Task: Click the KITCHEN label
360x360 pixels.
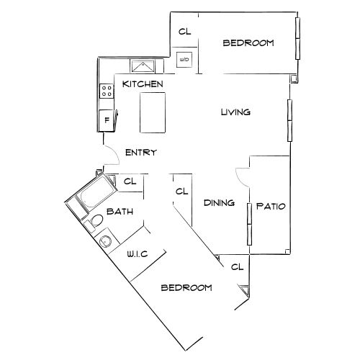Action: [143, 84]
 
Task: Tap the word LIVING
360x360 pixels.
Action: [235, 112]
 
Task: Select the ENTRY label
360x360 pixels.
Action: [141, 153]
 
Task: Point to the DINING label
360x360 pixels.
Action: [219, 203]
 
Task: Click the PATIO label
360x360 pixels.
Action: [271, 206]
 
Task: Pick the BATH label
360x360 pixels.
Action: [120, 212]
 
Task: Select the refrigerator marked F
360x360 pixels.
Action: [107, 120]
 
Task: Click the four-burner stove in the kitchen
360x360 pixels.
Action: [107, 91]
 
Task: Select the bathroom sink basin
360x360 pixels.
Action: [106, 240]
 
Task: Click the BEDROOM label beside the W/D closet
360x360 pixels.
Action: [248, 43]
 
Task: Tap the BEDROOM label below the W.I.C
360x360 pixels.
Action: [186, 288]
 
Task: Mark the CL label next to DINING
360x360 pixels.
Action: [181, 192]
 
